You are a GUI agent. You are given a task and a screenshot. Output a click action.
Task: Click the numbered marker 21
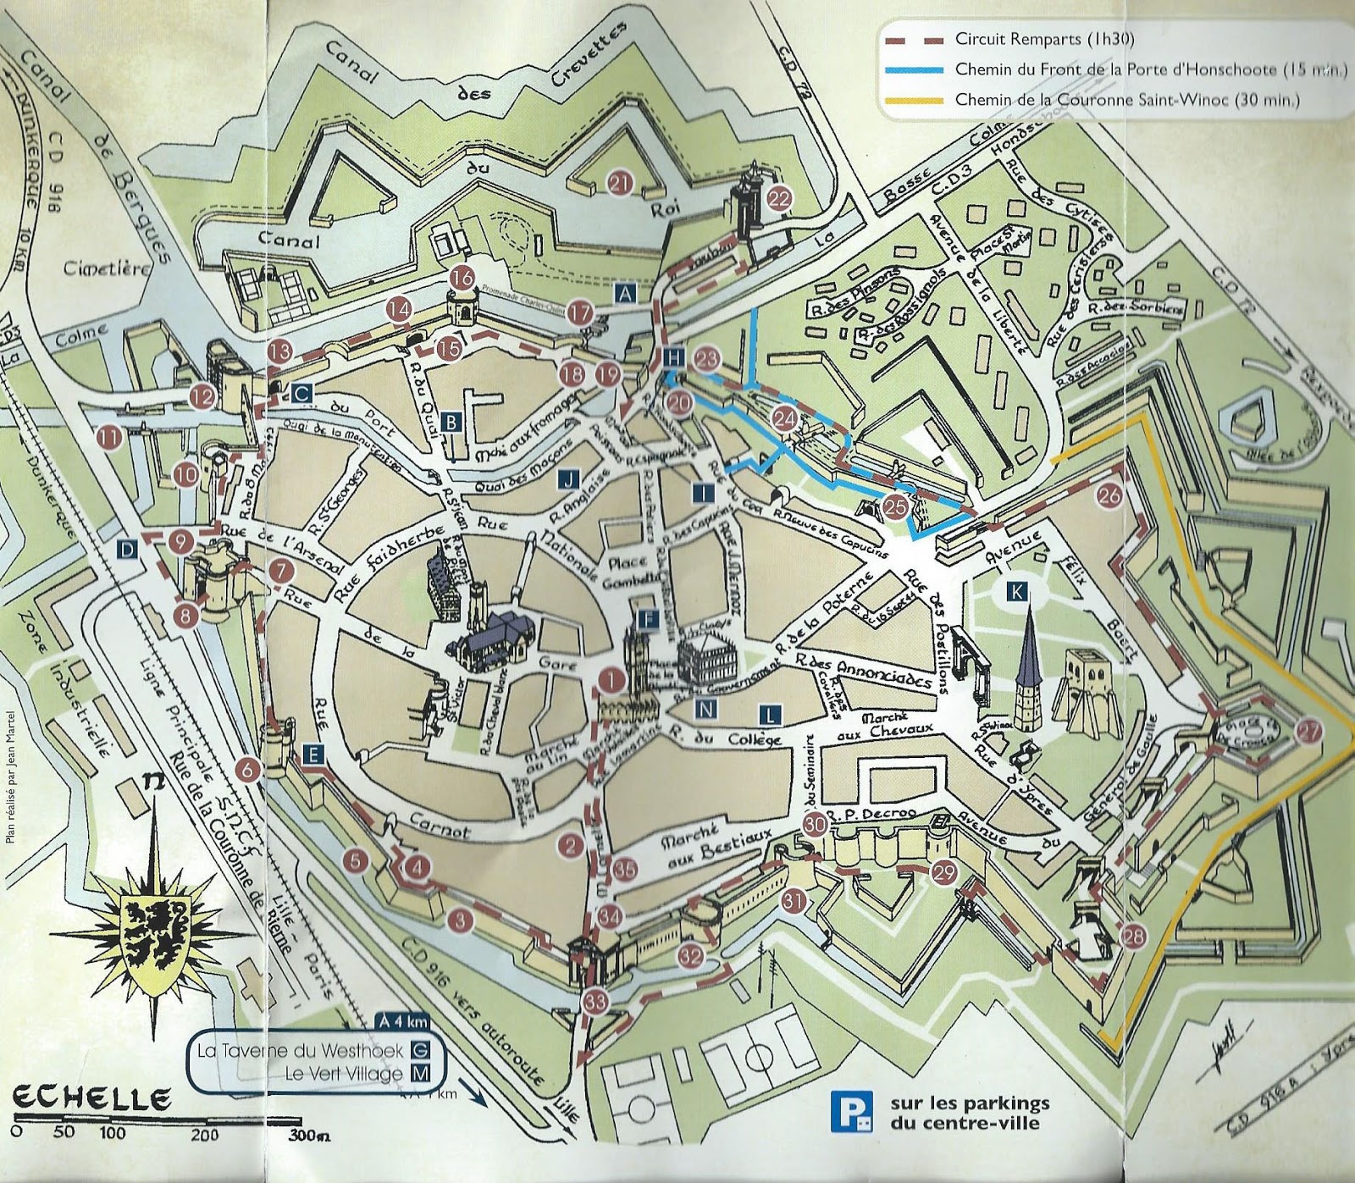click(621, 183)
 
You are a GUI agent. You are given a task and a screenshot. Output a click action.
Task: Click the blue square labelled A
click(625, 294)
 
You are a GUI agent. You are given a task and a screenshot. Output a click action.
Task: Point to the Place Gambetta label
click(627, 573)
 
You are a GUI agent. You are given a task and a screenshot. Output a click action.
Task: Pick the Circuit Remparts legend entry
click(1043, 39)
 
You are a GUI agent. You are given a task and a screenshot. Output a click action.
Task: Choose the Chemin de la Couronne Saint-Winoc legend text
click(1126, 99)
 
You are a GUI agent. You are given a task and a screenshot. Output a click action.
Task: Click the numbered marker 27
click(1308, 732)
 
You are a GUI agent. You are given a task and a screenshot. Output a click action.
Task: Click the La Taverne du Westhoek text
click(301, 1051)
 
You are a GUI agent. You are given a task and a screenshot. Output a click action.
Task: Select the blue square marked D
click(127, 550)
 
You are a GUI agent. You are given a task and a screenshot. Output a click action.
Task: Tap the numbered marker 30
click(815, 823)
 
